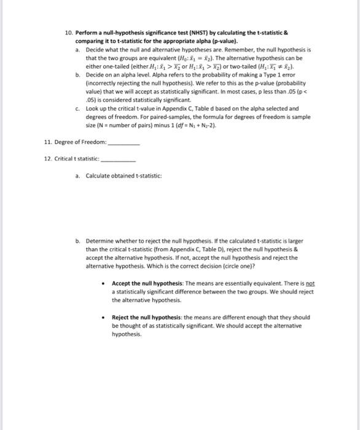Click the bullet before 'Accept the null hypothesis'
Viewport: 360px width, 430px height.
coord(104,284)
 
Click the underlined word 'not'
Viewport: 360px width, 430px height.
coord(308,284)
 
